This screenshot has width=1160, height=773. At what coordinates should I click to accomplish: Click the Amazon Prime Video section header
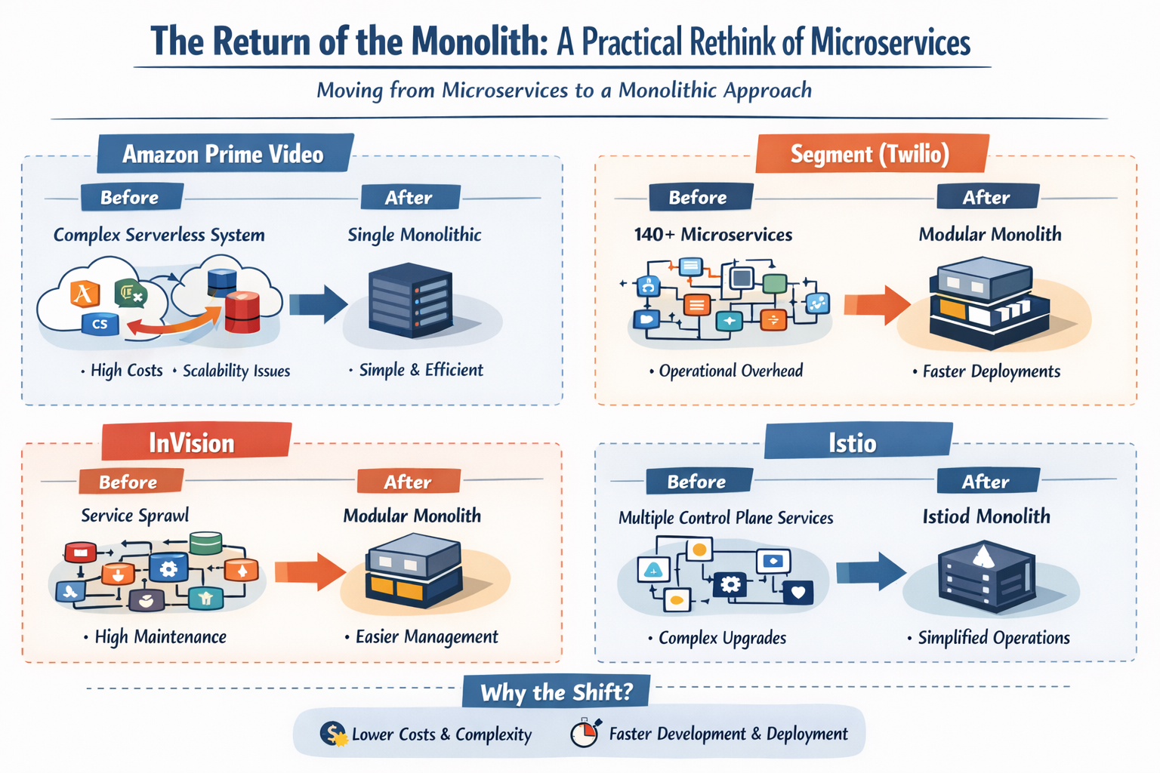click(x=223, y=154)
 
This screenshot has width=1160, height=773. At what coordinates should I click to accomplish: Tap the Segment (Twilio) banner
click(x=870, y=154)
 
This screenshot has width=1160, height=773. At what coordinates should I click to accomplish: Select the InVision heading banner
click(x=193, y=442)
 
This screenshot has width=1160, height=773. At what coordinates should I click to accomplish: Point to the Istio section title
click(x=853, y=442)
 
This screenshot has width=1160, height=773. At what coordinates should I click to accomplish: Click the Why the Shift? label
click(x=556, y=692)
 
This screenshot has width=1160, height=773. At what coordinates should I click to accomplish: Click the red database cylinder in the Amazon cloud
click(x=242, y=312)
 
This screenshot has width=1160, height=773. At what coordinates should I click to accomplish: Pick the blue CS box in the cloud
click(x=100, y=324)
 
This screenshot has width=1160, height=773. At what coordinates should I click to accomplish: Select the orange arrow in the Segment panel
click(x=876, y=305)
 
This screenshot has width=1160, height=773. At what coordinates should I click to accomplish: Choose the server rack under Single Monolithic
click(x=410, y=300)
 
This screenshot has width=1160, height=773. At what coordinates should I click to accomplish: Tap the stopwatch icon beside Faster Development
click(x=585, y=733)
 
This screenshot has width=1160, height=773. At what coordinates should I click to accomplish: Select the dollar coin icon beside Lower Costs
click(x=332, y=734)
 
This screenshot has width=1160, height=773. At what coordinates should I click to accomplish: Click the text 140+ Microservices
click(x=713, y=235)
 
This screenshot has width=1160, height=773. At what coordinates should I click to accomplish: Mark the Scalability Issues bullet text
click(x=236, y=371)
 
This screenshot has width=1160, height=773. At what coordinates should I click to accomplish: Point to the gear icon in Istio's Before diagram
click(x=730, y=584)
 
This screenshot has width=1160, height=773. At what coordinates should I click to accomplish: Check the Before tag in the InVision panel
click(x=129, y=482)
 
